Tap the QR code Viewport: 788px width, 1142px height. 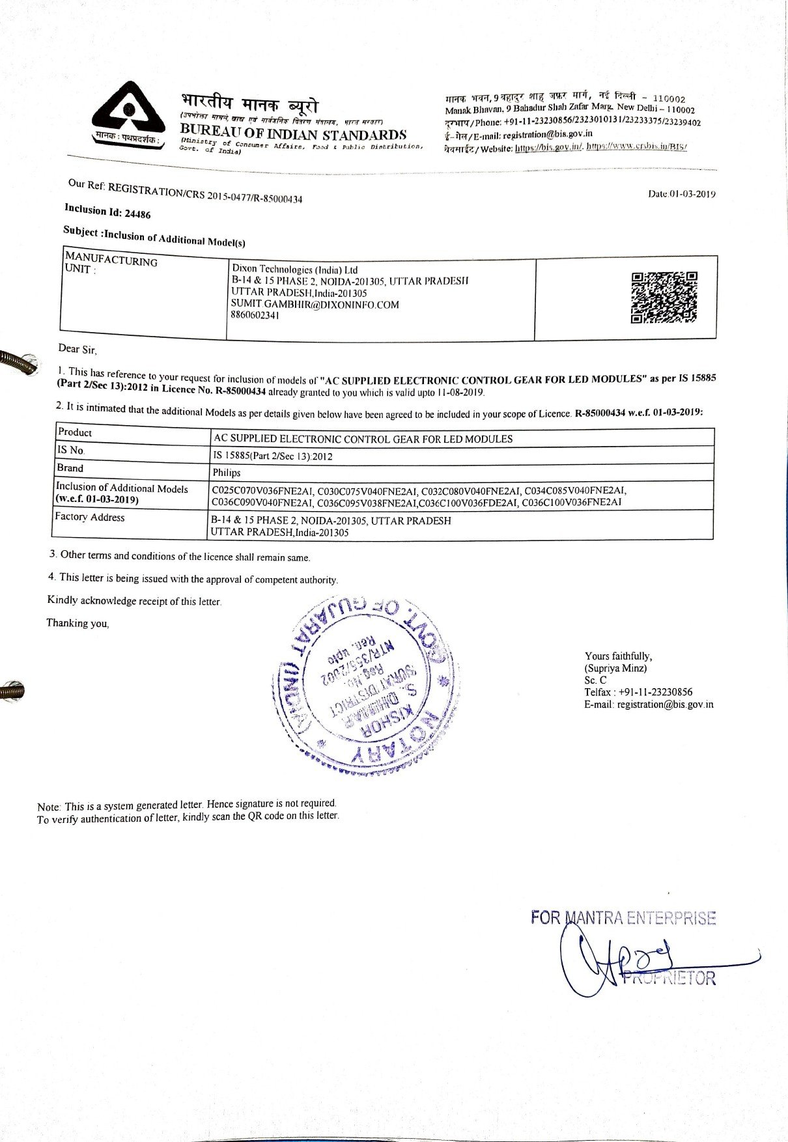click(x=664, y=298)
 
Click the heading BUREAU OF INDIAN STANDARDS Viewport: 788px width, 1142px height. click(x=293, y=135)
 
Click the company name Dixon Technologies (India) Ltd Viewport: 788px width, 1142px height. click(x=295, y=269)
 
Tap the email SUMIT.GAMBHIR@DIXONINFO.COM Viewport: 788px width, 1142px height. click(x=315, y=304)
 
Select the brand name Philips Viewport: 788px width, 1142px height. click(x=227, y=473)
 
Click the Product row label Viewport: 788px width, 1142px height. click(x=75, y=432)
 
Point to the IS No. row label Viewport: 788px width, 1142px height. click(x=70, y=450)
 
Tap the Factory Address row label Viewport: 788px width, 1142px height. click(x=90, y=517)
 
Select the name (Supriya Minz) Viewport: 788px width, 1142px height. click(x=615, y=668)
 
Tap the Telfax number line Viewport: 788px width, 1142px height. click(x=638, y=692)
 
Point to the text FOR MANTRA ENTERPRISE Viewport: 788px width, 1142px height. click(x=623, y=918)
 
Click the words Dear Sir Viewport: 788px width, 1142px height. click(x=77, y=349)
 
